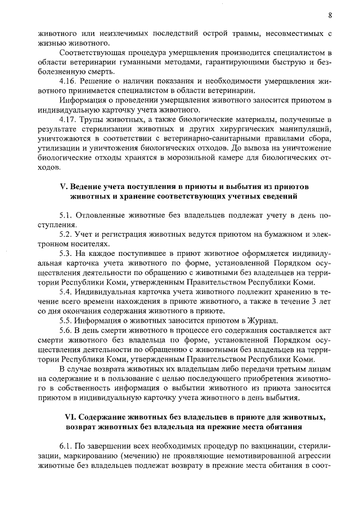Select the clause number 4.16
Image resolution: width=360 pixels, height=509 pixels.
(x=69, y=82)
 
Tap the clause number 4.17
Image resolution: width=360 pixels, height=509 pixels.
(x=69, y=120)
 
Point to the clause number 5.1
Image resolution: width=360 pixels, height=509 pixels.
(x=67, y=215)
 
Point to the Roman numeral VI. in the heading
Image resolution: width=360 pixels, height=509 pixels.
(x=68, y=417)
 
